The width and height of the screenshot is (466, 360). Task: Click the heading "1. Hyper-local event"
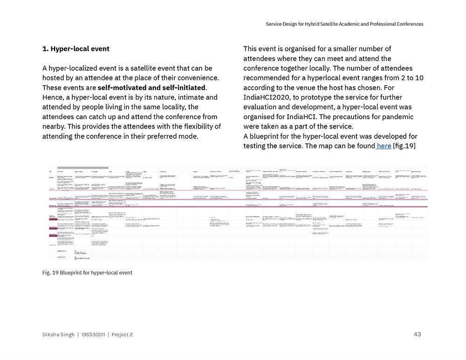(x=76, y=49)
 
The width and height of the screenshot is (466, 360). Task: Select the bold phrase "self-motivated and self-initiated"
(x=151, y=88)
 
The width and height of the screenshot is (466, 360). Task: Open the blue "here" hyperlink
(x=384, y=146)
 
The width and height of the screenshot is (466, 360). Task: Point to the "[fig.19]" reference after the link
(x=404, y=146)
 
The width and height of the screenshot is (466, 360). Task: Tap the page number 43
(x=417, y=334)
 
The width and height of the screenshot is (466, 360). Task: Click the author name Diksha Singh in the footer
(x=58, y=335)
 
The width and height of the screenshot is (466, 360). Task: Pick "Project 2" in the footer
(x=122, y=335)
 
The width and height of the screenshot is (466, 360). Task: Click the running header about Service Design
(x=344, y=24)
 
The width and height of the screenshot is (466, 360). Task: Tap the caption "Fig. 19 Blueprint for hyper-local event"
(x=87, y=273)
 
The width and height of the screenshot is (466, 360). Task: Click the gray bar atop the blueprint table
(x=83, y=168)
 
